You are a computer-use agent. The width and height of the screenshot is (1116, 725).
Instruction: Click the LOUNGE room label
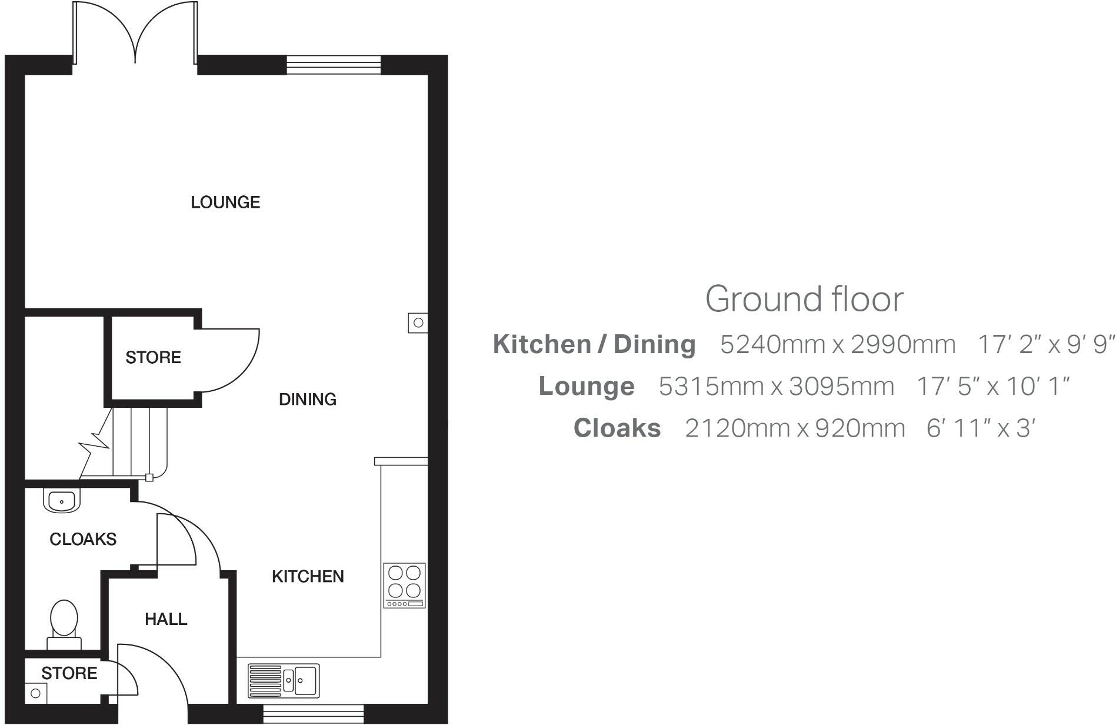pyautogui.click(x=225, y=202)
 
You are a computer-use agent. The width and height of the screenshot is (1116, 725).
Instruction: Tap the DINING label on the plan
pyautogui.click(x=307, y=400)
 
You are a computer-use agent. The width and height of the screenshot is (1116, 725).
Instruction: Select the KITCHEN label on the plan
pyautogui.click(x=308, y=577)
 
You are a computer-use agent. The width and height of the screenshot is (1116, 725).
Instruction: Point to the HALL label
pyautogui.click(x=166, y=619)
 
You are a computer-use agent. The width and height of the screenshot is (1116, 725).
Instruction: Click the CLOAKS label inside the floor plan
pyautogui.click(x=83, y=539)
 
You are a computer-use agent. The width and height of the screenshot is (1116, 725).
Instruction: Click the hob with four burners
pyautogui.click(x=404, y=585)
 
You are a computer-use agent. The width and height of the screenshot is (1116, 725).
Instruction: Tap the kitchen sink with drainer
pyautogui.click(x=283, y=681)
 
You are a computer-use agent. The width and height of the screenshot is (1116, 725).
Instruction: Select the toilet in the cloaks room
pyautogui.click(x=64, y=624)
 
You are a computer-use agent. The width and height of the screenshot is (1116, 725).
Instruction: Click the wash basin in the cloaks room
pyautogui.click(x=61, y=501)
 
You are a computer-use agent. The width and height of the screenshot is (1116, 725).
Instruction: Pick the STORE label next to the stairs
pyautogui.click(x=153, y=357)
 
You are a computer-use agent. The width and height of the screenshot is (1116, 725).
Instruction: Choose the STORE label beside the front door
pyautogui.click(x=69, y=673)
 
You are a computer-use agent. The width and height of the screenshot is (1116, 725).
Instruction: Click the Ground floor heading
pyautogui.click(x=804, y=299)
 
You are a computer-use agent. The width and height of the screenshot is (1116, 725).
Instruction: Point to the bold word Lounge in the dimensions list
pyautogui.click(x=587, y=387)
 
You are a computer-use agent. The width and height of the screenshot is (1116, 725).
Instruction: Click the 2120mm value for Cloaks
pyautogui.click(x=738, y=428)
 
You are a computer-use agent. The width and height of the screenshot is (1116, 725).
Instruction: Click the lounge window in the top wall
pyautogui.click(x=334, y=65)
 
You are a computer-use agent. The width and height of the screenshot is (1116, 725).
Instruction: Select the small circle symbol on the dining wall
pyautogui.click(x=418, y=322)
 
